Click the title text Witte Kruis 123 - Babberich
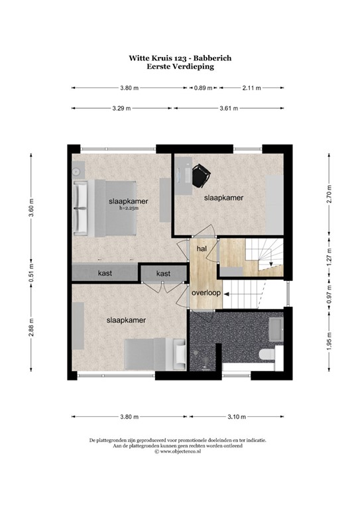[180, 58]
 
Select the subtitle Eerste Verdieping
[180, 66]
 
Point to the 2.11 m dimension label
[251, 87]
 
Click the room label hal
[201, 248]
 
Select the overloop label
[205, 292]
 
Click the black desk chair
[200, 174]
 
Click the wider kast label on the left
[105, 273]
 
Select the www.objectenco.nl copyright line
[179, 452]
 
